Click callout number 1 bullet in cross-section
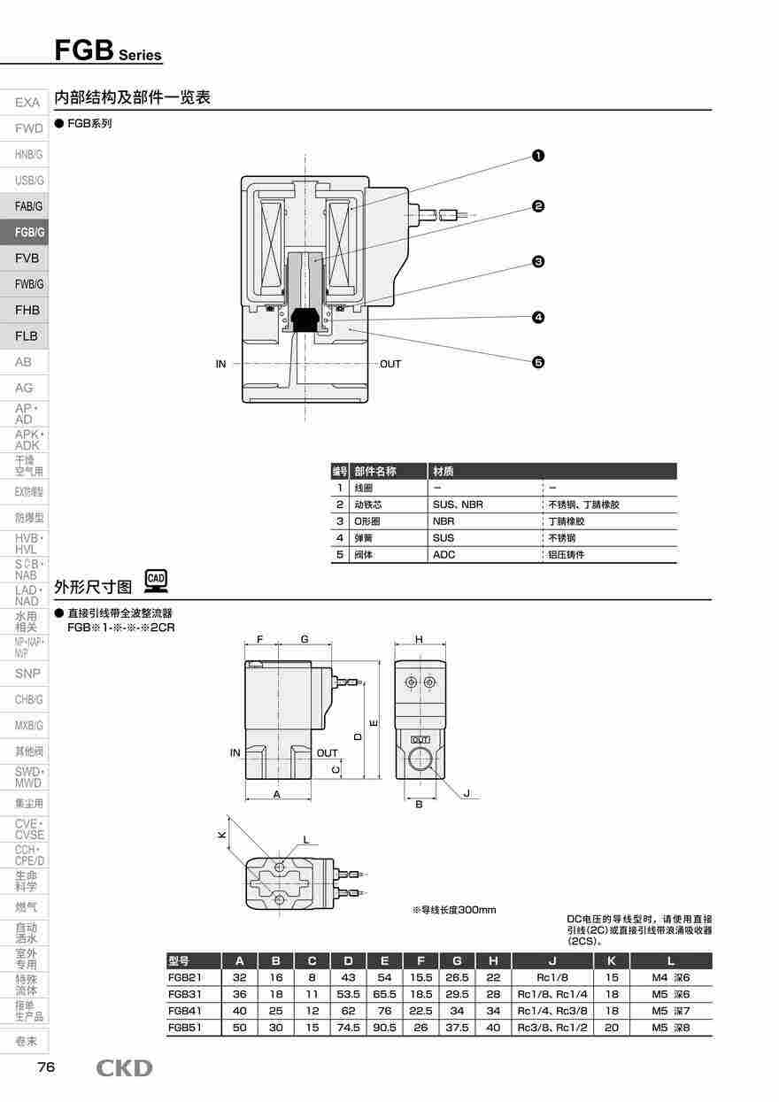(x=537, y=156)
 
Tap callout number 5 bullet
(x=537, y=361)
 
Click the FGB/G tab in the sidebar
(x=28, y=232)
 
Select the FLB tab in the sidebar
(x=27, y=335)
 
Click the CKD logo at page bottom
(x=124, y=1068)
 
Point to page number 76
(x=46, y=1067)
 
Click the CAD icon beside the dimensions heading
(x=156, y=582)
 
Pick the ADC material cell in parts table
(x=444, y=555)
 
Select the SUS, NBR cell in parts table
(x=458, y=505)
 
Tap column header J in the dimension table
(x=552, y=961)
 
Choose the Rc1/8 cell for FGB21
(x=552, y=978)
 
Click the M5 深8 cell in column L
(x=670, y=1028)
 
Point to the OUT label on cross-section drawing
(x=390, y=364)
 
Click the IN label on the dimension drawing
(x=235, y=753)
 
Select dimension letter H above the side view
(x=419, y=639)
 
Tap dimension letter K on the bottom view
(x=223, y=834)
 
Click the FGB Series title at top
(x=108, y=51)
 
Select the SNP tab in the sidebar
(x=27, y=674)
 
